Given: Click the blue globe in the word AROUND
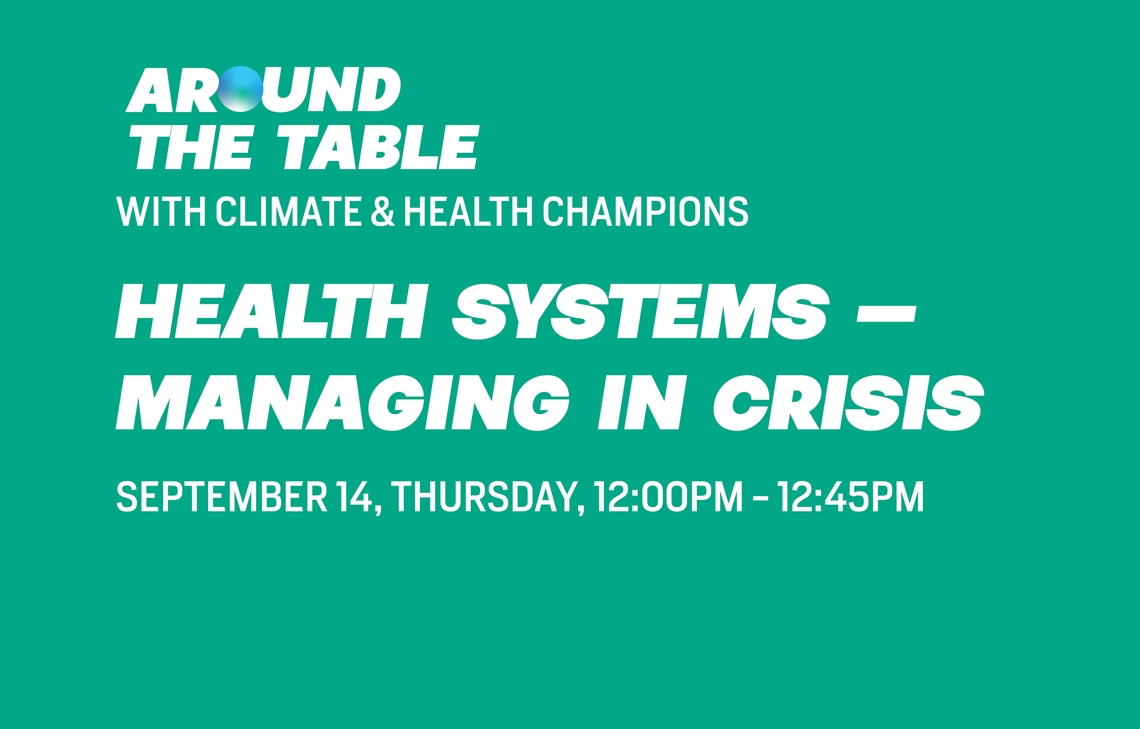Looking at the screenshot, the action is [241, 89].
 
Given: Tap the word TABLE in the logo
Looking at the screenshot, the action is [378, 147].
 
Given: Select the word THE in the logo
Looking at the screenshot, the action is [192, 147].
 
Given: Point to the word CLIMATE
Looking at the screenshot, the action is [289, 211].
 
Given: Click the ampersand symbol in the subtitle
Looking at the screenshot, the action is [383, 211].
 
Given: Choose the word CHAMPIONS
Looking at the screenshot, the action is [646, 211].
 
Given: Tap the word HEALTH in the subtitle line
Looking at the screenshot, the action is [469, 211].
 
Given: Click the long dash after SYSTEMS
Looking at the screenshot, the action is [886, 314].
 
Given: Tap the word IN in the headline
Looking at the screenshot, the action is [643, 402].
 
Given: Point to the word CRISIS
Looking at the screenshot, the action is [849, 402].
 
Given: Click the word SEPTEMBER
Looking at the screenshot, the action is [222, 497].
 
